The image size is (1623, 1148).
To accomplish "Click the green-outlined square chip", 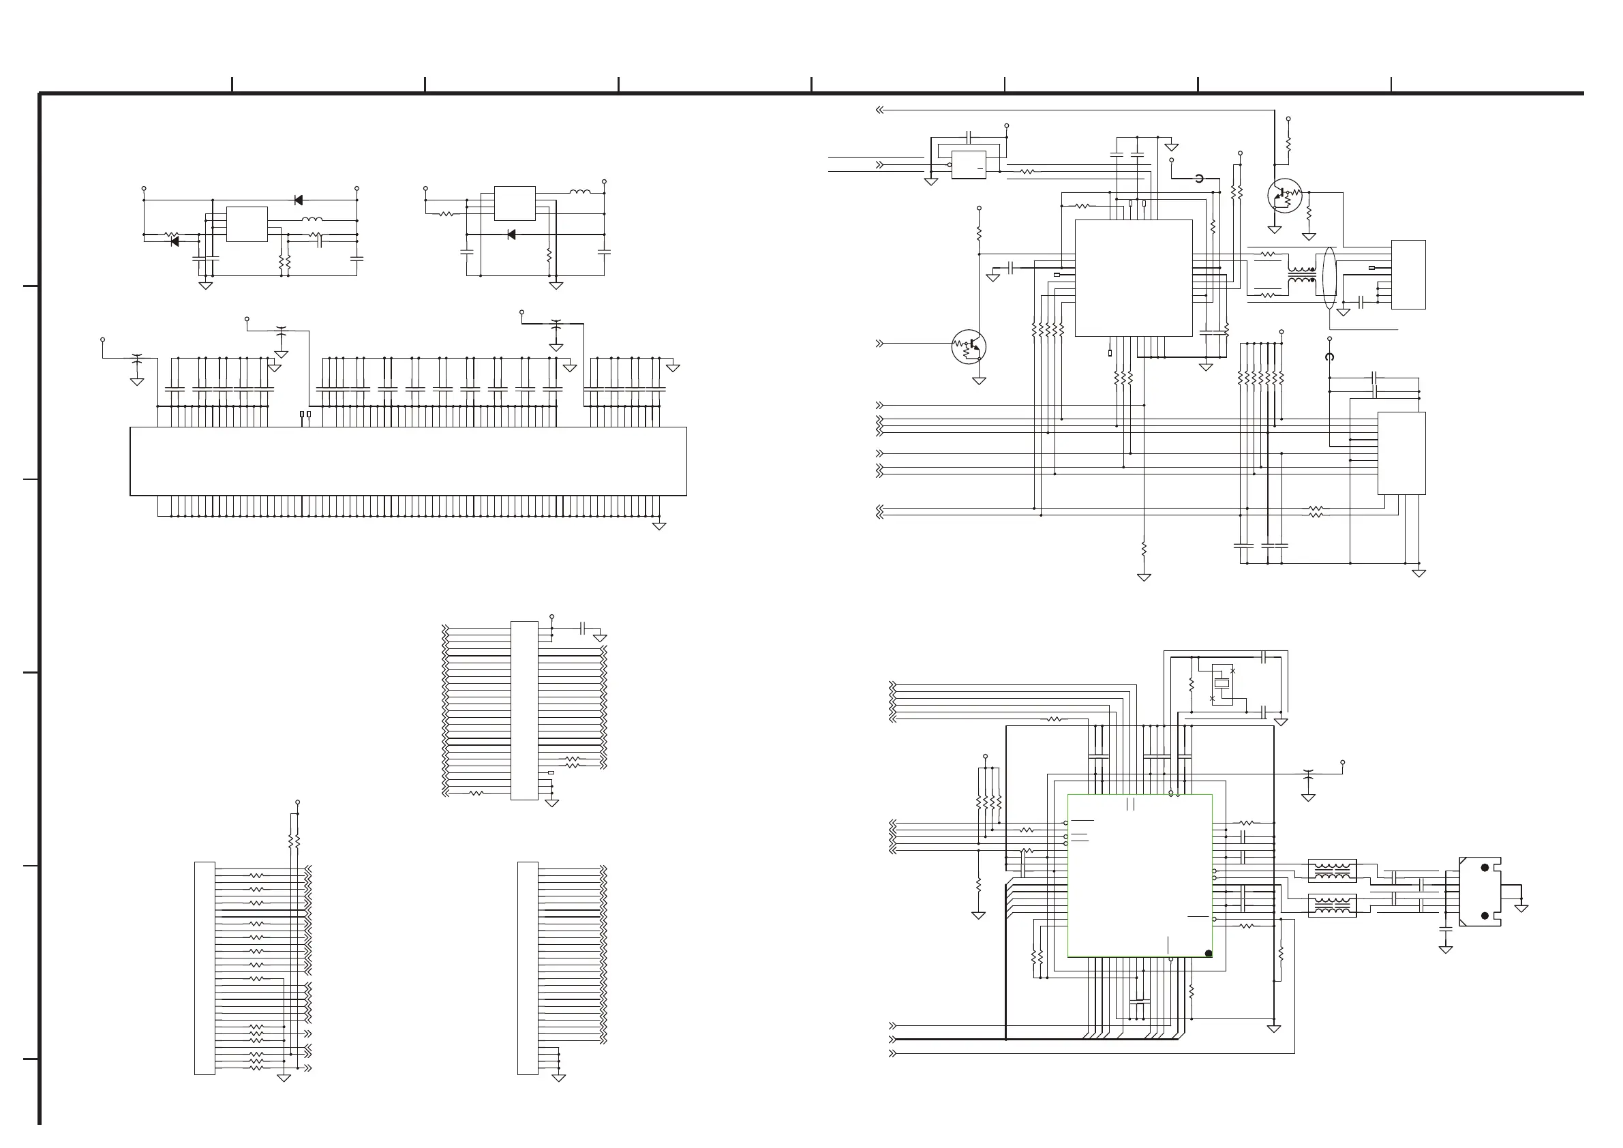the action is (1140, 875).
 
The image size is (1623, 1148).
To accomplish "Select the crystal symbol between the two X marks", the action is (1222, 684).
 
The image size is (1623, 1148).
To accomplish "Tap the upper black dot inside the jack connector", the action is (1485, 867).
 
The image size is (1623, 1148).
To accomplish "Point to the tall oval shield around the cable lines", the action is (1329, 278).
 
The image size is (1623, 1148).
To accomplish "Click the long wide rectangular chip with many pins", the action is (408, 461).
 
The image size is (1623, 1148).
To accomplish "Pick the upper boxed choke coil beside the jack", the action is (1332, 870).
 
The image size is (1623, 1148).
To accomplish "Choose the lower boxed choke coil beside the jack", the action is (1332, 905).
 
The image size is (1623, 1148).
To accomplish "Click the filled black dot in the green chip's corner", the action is (1208, 954).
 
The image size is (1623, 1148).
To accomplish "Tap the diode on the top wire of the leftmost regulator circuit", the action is (299, 200).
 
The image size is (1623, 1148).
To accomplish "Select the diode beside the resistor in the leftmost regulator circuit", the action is (175, 242).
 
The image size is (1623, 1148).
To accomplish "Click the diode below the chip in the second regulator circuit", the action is (511, 235).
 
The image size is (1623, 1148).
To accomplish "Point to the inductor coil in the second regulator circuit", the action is (579, 192).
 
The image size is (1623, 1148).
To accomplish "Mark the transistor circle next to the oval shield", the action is (1284, 196).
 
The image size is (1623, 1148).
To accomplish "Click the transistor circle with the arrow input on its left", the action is (969, 347).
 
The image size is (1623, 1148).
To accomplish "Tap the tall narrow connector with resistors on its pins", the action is (204, 968).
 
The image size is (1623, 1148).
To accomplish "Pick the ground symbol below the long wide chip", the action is (659, 526).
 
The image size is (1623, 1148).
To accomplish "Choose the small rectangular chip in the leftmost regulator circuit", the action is (247, 224).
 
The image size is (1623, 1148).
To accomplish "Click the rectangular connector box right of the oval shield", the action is (1408, 274).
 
